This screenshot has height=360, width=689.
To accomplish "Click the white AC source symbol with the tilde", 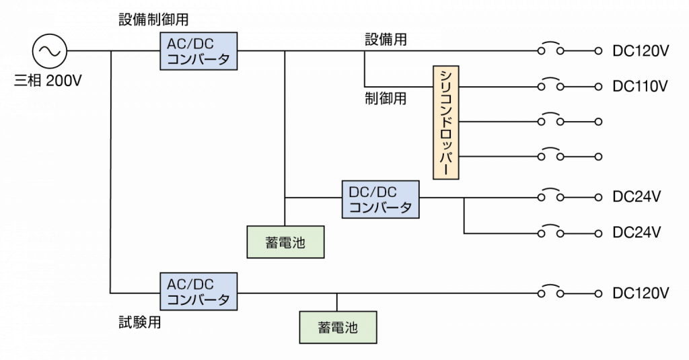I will point(49,51).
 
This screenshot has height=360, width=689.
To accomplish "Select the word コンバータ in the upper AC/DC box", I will point(198,59).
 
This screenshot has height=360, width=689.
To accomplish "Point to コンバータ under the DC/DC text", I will point(380,207).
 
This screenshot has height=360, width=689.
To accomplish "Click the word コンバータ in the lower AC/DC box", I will point(198,299).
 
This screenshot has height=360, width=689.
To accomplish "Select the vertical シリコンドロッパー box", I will point(446,122).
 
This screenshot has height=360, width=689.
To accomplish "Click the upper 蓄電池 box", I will point(285,242).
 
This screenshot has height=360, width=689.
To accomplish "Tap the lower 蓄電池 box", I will point(338,328).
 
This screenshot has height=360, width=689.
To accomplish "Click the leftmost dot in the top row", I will point(541,51).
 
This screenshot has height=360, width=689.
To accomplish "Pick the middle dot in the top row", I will point(560,51).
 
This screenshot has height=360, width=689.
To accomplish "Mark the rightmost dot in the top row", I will point(597,51).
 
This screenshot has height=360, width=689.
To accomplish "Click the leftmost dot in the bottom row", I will point(541,294).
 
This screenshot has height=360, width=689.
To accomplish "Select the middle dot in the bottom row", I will point(560,294).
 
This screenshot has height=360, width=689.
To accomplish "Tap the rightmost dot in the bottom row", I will point(597,294).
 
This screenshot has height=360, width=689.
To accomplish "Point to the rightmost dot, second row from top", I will point(597,86).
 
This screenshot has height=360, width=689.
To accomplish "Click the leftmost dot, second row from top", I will point(541,86).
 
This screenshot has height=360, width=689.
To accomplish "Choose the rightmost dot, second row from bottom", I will point(597,233).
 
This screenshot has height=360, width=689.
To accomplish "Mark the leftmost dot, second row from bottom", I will point(541,233).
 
